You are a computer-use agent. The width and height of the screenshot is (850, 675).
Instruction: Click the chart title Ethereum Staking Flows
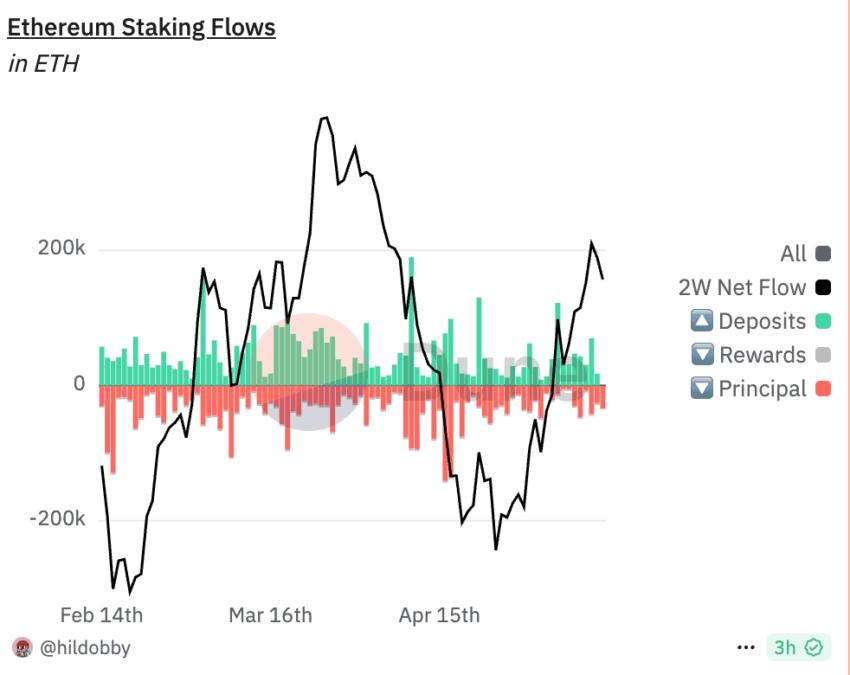[141, 27]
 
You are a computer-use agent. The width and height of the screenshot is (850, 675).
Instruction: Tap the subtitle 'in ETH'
[43, 64]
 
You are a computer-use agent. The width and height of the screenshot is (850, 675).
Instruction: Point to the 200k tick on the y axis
[61, 249]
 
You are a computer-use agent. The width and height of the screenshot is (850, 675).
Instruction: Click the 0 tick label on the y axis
[78, 384]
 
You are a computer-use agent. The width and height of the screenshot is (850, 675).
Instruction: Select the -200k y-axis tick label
[57, 519]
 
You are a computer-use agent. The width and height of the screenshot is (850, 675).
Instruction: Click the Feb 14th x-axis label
[101, 614]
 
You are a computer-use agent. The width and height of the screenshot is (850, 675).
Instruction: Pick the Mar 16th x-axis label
[270, 614]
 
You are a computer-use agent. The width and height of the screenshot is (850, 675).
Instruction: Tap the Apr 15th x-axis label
[438, 614]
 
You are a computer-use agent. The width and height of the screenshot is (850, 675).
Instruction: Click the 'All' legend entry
[792, 254]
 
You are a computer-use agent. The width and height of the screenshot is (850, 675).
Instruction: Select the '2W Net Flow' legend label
[742, 288]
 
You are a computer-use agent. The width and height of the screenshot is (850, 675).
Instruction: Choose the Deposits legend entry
[761, 321]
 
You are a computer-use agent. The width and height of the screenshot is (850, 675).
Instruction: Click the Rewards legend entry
[761, 355]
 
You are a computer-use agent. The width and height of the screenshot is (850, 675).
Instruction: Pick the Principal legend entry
[761, 389]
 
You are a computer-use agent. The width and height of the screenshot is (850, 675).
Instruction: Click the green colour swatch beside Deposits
[823, 321]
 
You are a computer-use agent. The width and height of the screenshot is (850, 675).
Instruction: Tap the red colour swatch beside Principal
[823, 389]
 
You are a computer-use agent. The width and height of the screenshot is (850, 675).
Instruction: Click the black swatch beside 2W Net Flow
[823, 288]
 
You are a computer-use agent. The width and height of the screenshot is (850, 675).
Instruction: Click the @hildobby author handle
[85, 647]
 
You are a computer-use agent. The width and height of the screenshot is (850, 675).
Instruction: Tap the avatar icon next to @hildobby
[22, 647]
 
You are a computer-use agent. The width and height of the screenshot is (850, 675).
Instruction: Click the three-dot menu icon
[746, 648]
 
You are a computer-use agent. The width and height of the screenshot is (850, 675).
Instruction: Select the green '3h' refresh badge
[798, 648]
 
